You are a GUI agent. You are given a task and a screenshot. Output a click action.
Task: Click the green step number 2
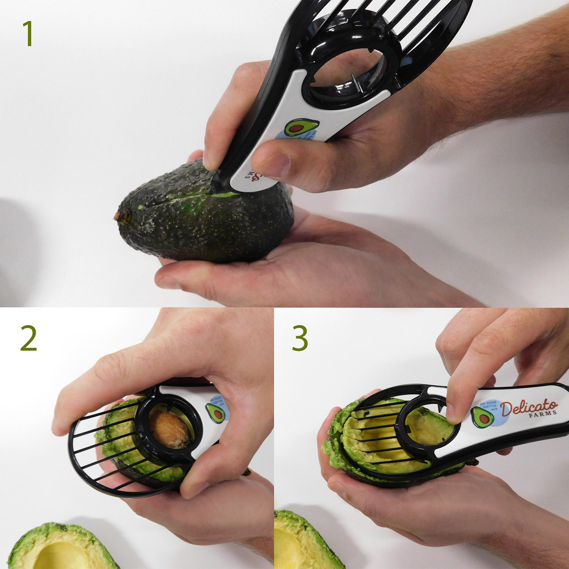point(28,338)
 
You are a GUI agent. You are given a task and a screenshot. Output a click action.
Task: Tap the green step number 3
point(300,338)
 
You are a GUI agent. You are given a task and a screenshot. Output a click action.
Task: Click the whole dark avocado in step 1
point(206,222)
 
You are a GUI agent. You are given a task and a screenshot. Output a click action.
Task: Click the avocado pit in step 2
point(169,430)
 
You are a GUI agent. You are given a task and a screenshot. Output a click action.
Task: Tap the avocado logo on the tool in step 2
point(216,413)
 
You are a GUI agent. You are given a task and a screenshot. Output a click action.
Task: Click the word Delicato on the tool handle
point(528,408)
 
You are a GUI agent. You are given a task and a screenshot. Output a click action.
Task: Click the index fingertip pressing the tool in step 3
point(457,412)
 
